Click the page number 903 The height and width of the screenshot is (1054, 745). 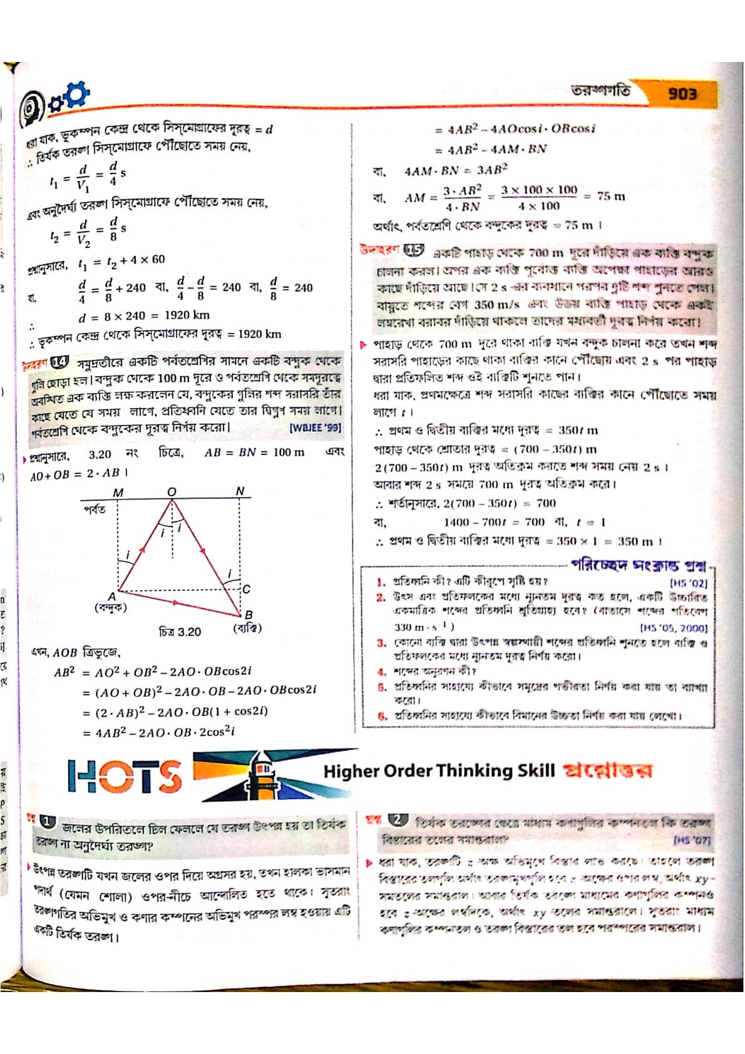coord(682,94)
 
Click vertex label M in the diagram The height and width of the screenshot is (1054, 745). coord(118,493)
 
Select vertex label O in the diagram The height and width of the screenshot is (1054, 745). coord(172,492)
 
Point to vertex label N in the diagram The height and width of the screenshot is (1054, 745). coord(240,491)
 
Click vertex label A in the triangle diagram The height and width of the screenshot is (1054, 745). coord(111,596)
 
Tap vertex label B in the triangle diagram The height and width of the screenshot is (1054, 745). coord(249,615)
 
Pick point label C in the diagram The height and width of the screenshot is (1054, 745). coord(247,589)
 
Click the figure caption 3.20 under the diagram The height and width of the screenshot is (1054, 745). coord(180,632)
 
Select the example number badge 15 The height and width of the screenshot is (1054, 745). coord(414,251)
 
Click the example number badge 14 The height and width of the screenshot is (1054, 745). coord(60,362)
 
